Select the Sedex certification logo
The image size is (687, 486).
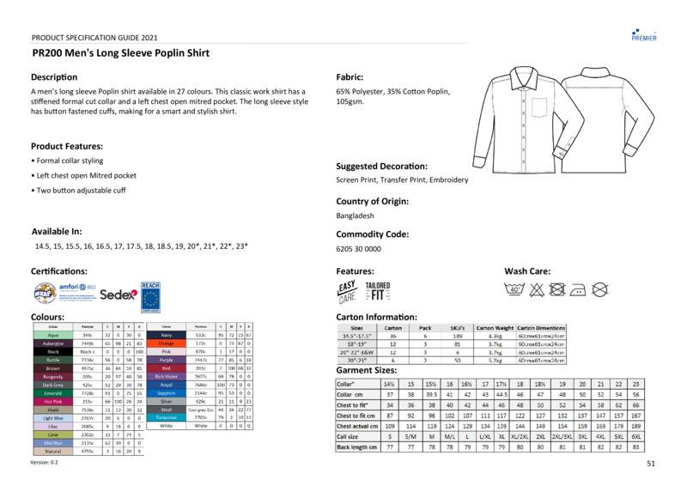click(119, 295)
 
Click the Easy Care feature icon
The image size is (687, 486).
click(347, 292)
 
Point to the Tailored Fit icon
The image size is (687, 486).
click(377, 290)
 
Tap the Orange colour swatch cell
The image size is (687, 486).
click(167, 343)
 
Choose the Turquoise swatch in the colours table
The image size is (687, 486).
click(167, 417)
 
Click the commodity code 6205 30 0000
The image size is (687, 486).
click(358, 248)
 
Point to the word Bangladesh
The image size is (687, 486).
click(356, 216)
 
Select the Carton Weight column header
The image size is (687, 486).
click(495, 328)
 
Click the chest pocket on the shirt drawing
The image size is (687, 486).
click(538, 106)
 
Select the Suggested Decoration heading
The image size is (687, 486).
click(382, 166)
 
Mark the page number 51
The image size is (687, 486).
click(650, 464)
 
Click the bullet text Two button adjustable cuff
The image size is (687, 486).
click(81, 190)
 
